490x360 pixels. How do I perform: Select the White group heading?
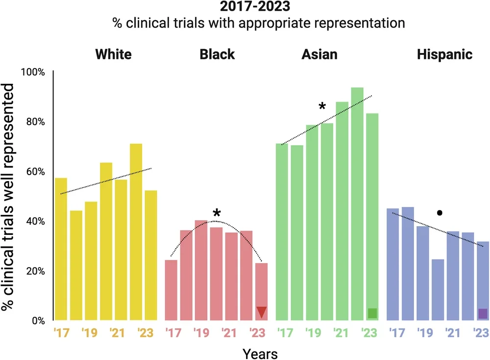113,54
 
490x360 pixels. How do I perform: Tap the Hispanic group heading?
444,54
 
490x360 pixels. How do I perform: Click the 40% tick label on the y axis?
35,221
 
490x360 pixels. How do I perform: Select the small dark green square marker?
372,313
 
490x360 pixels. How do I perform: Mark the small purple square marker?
483,313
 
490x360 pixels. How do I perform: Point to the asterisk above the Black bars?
217,213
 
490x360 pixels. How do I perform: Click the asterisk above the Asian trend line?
322,106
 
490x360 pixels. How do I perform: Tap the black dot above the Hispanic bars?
440,213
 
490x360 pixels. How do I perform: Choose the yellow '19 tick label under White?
90,334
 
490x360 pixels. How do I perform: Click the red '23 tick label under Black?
258,334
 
